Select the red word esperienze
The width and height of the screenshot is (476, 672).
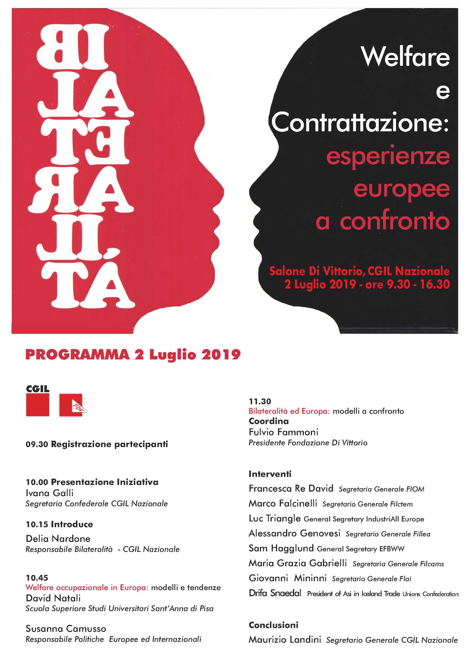(x=388, y=157)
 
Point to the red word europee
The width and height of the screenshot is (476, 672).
(x=401, y=189)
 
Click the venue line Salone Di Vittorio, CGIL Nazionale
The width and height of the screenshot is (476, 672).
(x=359, y=271)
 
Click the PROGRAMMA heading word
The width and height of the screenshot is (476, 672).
(x=77, y=355)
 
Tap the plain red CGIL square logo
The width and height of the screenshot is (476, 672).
(x=37, y=405)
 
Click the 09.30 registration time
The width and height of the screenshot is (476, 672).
(x=37, y=444)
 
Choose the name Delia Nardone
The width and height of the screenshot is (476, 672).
(x=58, y=538)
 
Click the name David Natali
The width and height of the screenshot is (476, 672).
(x=53, y=598)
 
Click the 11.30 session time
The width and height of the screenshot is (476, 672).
(x=260, y=401)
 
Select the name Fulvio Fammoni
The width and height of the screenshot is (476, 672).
(x=283, y=432)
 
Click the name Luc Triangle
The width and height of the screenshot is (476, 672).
(x=274, y=519)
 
